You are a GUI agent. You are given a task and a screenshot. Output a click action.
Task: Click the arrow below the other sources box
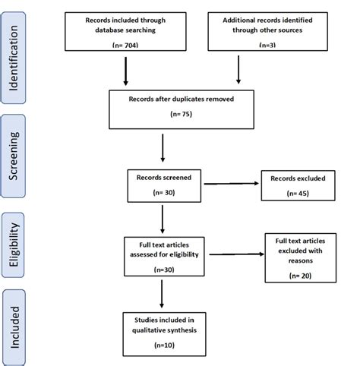point(239,69)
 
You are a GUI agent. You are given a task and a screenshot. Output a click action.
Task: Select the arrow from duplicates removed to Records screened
point(163,147)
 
